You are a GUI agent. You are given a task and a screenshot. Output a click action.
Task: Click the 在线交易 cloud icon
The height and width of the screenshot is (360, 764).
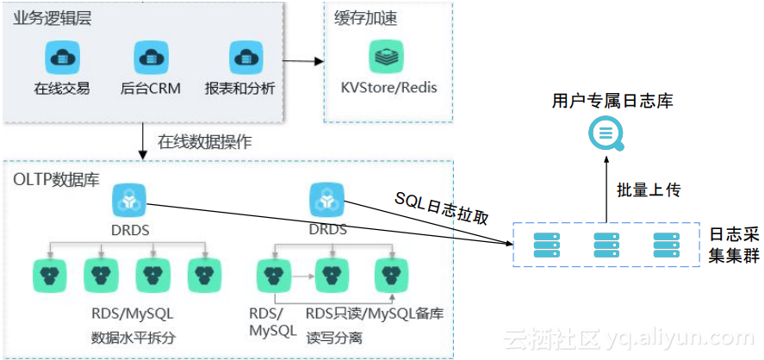61,58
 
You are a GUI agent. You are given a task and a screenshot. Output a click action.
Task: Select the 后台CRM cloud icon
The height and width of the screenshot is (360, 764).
151,58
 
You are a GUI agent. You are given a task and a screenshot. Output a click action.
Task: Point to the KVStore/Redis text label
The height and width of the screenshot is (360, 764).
389,88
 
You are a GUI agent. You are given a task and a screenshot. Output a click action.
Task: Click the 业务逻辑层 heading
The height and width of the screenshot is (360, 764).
52,19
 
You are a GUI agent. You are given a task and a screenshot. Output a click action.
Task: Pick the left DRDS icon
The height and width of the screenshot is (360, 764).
129,202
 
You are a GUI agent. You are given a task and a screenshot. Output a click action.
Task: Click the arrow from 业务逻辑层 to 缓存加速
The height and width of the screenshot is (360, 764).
303,62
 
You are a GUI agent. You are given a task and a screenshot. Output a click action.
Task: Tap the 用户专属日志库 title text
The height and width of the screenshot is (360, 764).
612,102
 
